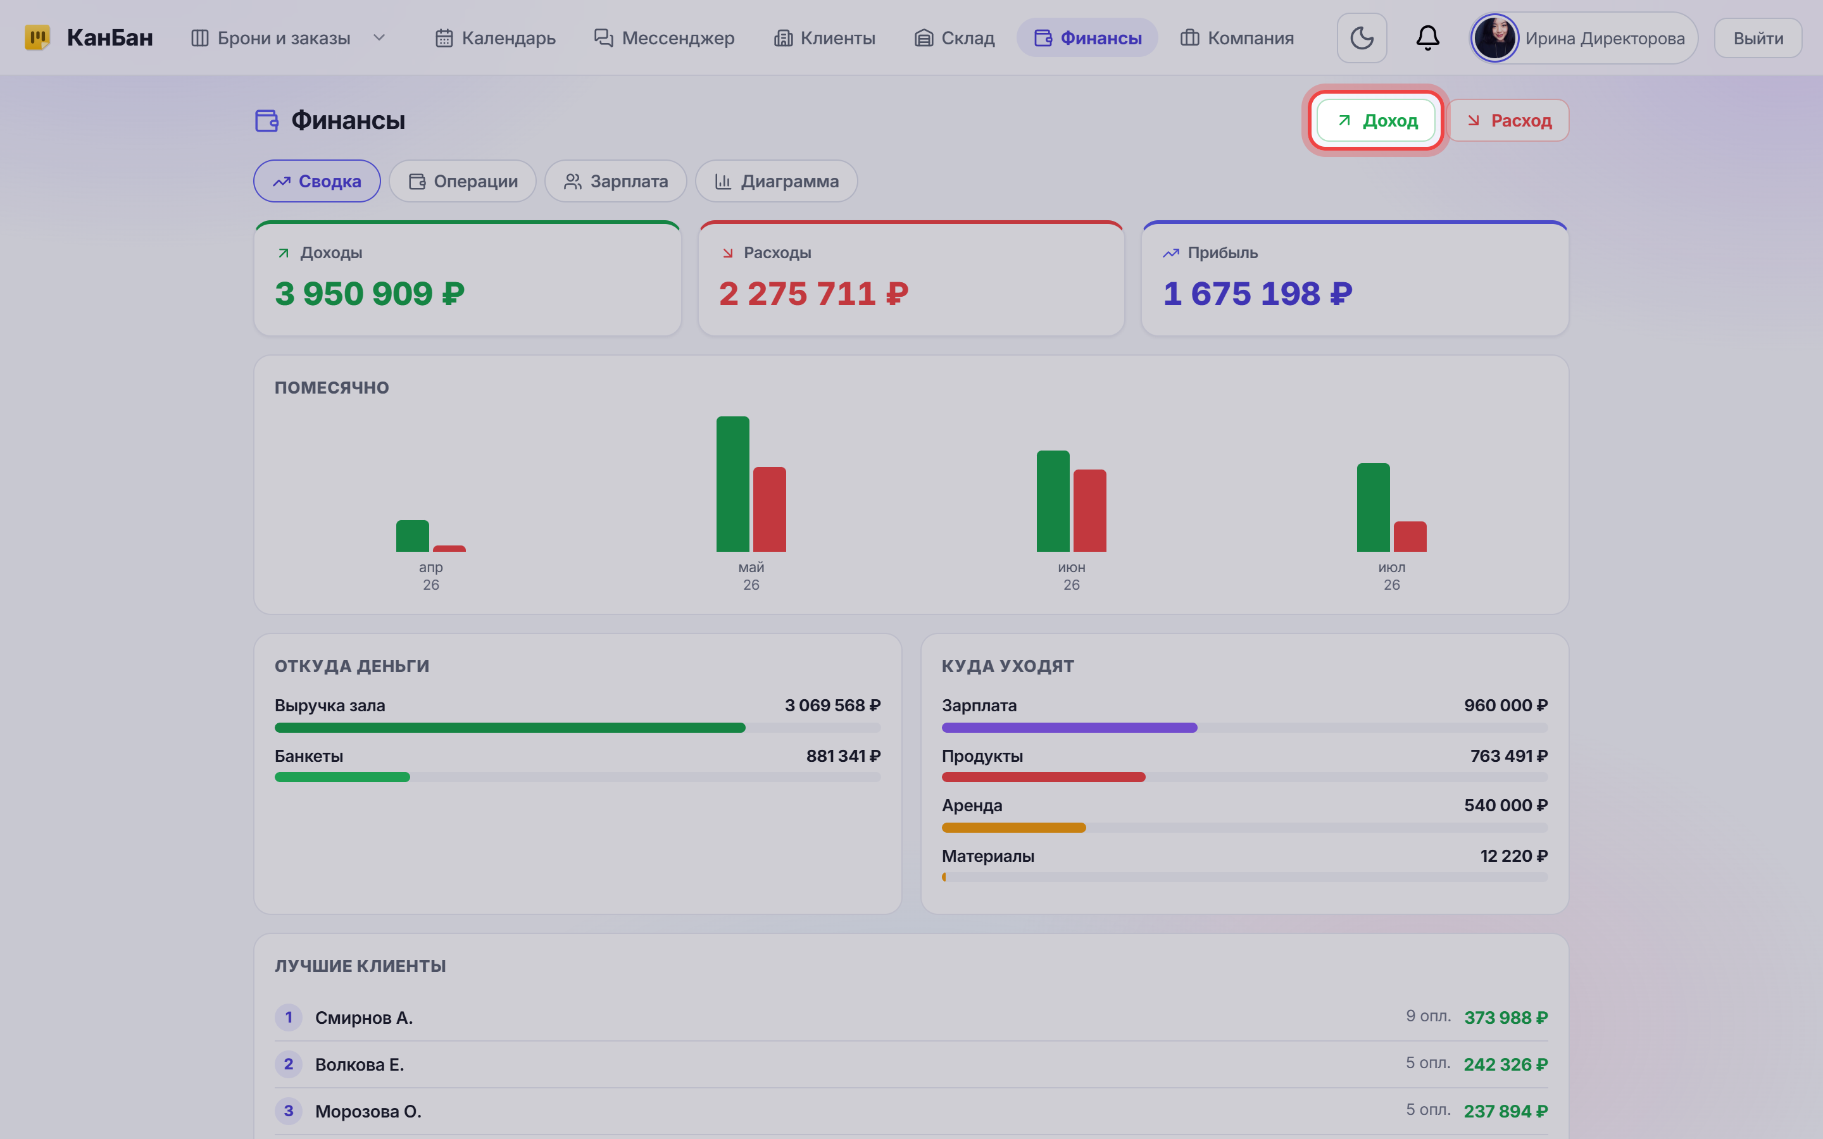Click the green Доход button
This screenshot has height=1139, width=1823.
coord(1375,120)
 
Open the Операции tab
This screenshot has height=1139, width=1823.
coord(463,182)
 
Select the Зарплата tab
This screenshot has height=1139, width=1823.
coord(615,182)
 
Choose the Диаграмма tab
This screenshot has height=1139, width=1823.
coord(776,182)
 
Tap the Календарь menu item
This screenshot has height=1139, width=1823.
coord(495,38)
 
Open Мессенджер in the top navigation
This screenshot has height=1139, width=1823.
coord(663,38)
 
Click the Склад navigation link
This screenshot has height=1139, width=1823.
coord(954,38)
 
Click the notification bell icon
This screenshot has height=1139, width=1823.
coord(1427,38)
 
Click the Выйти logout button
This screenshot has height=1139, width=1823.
coord(1758,38)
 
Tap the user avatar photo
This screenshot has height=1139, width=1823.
coord(1494,38)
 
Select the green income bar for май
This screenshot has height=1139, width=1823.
coord(733,483)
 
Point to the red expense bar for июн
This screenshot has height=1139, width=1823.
coord(1090,510)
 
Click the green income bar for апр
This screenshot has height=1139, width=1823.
coord(413,535)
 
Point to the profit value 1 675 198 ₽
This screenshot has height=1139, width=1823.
coord(1257,294)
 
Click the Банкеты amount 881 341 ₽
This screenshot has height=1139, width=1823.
coord(843,756)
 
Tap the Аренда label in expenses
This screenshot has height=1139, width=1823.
coord(972,806)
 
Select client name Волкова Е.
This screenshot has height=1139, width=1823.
coord(360,1064)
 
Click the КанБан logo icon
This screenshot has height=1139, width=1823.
coord(37,38)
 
